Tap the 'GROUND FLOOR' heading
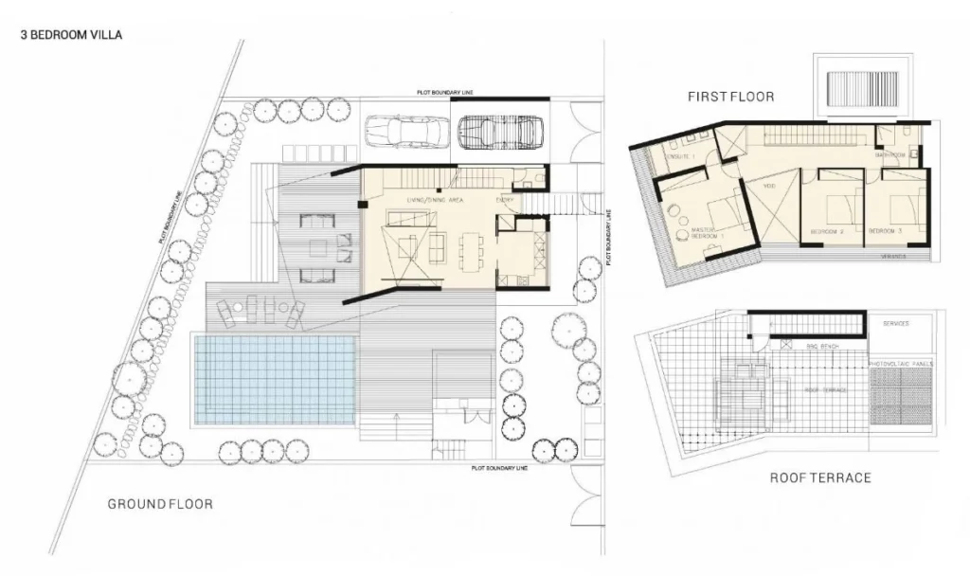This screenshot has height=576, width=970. pyautogui.click(x=159, y=504)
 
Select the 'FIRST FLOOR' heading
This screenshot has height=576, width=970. pyautogui.click(x=730, y=97)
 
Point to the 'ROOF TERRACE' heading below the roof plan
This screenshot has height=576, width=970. pyautogui.click(x=819, y=477)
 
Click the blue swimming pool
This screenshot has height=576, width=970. pyautogui.click(x=275, y=379)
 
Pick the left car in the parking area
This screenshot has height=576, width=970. pyautogui.click(x=406, y=132)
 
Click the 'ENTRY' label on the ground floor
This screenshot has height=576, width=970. pyautogui.click(x=505, y=201)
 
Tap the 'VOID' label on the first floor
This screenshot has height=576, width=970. pyautogui.click(x=769, y=186)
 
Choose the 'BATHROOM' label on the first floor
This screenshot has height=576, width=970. pyautogui.click(x=891, y=154)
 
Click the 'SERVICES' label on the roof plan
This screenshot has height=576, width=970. pyautogui.click(x=896, y=324)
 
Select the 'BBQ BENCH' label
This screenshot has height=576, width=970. pyautogui.click(x=817, y=347)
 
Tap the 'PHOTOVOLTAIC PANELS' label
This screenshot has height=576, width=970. pyautogui.click(x=901, y=363)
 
